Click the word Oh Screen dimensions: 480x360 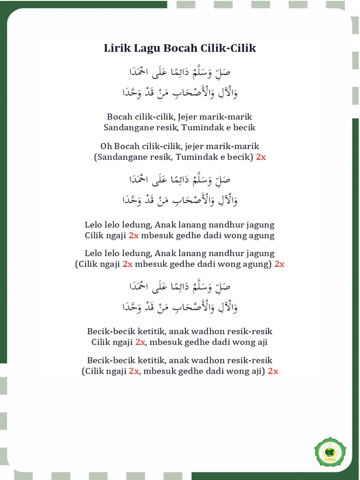tap(106, 146)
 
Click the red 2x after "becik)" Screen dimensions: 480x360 tap(261, 157)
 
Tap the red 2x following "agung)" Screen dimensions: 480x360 tap(279, 264)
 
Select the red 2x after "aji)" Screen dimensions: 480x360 tap(273, 371)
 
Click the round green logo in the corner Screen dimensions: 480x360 tap(330, 453)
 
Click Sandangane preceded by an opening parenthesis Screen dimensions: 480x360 tap(118, 157)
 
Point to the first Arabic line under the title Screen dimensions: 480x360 tap(180, 73)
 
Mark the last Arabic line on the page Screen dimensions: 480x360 tap(180, 307)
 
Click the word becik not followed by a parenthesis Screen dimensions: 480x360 tap(244, 127)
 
